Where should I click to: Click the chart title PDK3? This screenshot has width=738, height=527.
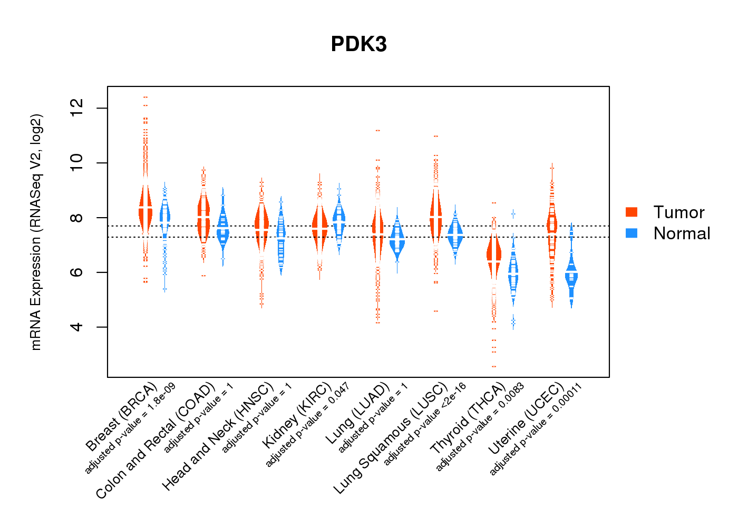(358, 44)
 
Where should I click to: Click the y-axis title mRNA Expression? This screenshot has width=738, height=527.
(36, 232)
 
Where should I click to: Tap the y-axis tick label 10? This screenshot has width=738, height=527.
(77, 163)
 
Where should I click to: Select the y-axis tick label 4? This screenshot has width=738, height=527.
(77, 327)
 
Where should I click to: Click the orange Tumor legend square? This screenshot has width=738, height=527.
(632, 212)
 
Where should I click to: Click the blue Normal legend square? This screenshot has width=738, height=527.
(632, 233)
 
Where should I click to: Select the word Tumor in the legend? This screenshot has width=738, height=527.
(678, 212)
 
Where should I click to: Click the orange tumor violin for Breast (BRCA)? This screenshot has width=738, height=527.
(145, 208)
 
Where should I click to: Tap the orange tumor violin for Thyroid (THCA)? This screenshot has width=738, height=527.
(494, 258)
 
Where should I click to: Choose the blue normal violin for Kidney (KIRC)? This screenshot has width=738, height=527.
(339, 219)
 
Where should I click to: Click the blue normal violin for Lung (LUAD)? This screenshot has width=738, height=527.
(397, 240)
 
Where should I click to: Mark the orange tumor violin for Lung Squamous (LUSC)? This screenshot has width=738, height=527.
(436, 216)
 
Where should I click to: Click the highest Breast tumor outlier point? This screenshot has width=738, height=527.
(145, 97)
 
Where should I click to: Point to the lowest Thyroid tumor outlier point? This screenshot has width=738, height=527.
(494, 366)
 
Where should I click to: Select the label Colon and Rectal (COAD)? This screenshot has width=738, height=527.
(156, 441)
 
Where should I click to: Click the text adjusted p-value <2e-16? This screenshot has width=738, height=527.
(425, 424)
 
